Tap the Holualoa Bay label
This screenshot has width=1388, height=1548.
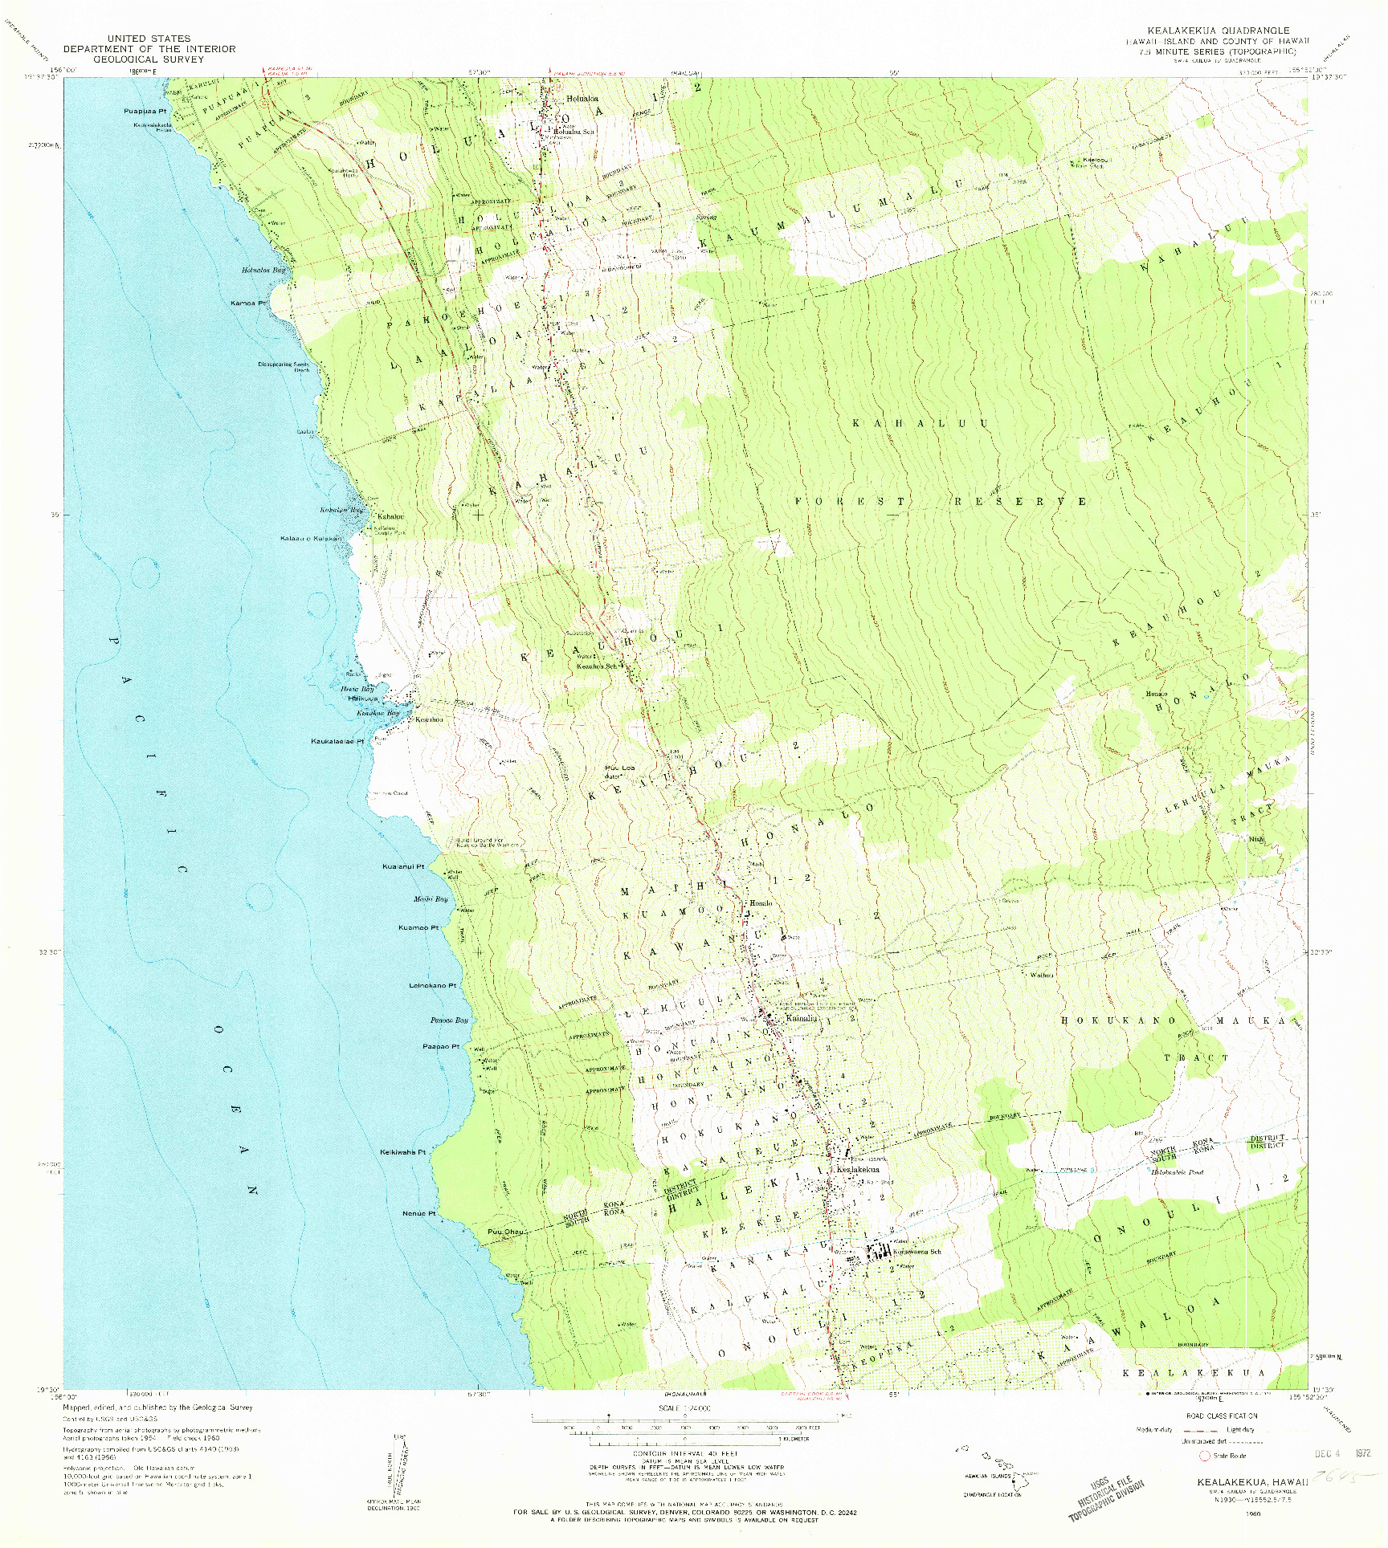pos(263,271)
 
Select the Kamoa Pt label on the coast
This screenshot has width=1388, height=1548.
pos(247,303)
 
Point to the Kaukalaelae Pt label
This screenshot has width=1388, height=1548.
pos(337,741)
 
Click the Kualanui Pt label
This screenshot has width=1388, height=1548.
pos(403,867)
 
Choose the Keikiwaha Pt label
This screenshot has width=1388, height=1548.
pos(402,1152)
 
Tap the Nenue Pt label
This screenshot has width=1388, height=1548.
pos(418,1213)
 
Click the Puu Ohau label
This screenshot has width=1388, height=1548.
pos(505,1232)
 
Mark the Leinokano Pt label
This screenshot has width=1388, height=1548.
pos(432,985)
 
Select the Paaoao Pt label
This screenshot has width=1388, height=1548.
pos(441,1047)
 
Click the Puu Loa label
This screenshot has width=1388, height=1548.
pos(619,768)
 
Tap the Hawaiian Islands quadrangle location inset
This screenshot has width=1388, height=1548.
pos(990,1473)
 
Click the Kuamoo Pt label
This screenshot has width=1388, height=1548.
pos(418,928)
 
